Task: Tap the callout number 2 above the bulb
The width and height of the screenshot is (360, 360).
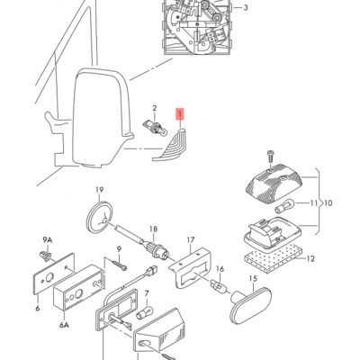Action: click(x=154, y=107)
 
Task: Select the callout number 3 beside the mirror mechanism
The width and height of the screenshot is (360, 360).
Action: click(x=246, y=8)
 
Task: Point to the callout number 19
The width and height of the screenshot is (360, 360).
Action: click(x=101, y=189)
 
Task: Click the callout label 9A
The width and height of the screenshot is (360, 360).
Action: click(x=48, y=239)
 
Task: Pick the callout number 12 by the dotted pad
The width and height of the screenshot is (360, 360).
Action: click(x=310, y=260)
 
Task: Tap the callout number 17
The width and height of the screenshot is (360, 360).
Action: click(x=191, y=240)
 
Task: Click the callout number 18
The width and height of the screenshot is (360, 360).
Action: click(x=153, y=229)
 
